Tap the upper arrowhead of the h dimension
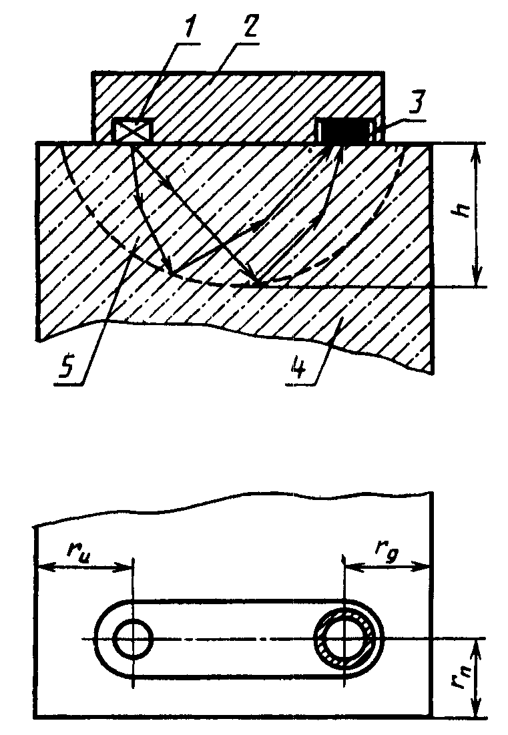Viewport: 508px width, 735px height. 476,150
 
